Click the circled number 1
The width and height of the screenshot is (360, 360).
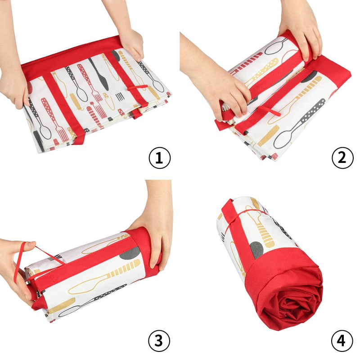160,158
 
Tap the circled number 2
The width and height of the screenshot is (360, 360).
342,158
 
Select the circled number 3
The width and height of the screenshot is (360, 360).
159,341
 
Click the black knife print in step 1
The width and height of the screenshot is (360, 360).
99,74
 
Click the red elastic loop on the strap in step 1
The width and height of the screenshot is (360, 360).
138,87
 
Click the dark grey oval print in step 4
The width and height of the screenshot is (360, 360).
256,250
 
